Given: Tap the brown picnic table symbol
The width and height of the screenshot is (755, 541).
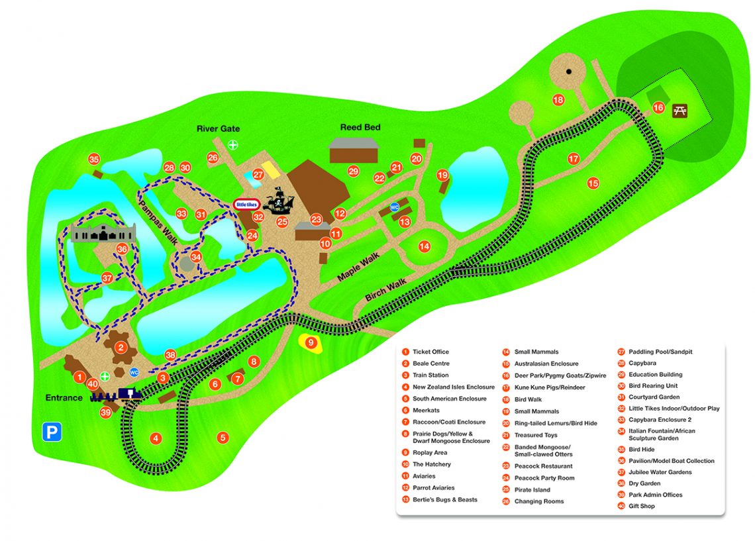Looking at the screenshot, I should (680, 111).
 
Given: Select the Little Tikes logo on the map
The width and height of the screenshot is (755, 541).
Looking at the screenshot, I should (244, 205).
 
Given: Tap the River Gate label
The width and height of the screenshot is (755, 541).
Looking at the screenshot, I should (218, 128).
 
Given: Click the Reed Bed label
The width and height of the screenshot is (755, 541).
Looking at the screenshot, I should (360, 127).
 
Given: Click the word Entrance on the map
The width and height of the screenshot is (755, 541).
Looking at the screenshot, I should (64, 398).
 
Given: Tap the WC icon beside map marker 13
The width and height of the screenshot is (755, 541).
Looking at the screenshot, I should (395, 207).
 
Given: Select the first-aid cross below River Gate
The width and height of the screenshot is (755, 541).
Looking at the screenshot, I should (232, 144).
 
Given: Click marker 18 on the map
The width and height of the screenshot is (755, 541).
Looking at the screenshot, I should (558, 100).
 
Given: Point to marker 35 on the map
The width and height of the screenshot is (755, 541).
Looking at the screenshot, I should (94, 160).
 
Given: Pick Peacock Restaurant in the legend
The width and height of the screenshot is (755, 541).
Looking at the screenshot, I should (543, 466).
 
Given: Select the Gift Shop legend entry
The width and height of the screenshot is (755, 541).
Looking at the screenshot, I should (641, 507).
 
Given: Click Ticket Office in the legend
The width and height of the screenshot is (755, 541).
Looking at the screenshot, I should (430, 352).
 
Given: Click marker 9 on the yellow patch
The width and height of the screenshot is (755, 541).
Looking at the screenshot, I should (309, 342).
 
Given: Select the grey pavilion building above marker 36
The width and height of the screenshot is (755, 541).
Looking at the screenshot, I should (105, 232).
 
